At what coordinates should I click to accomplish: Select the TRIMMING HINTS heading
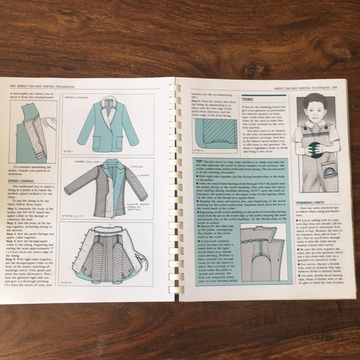click(312, 203)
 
